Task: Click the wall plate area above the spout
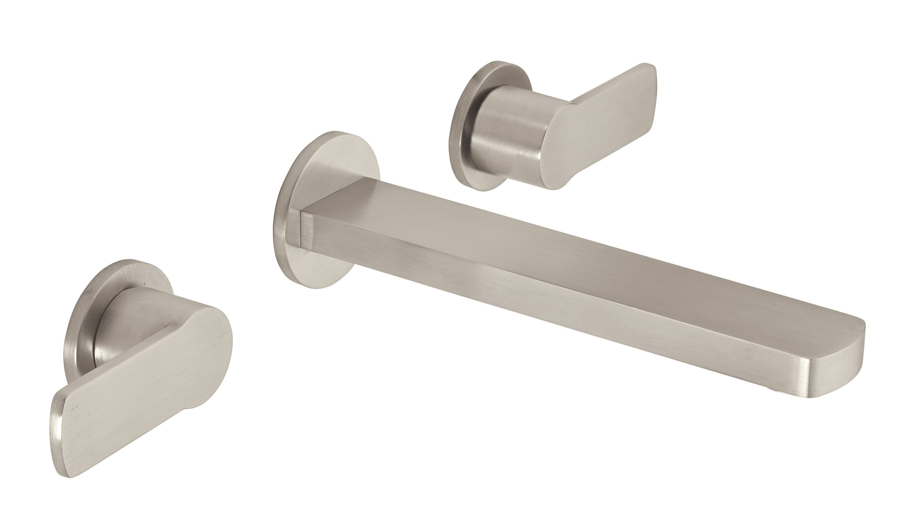(x=333, y=166)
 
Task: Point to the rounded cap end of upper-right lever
(x=552, y=151)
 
